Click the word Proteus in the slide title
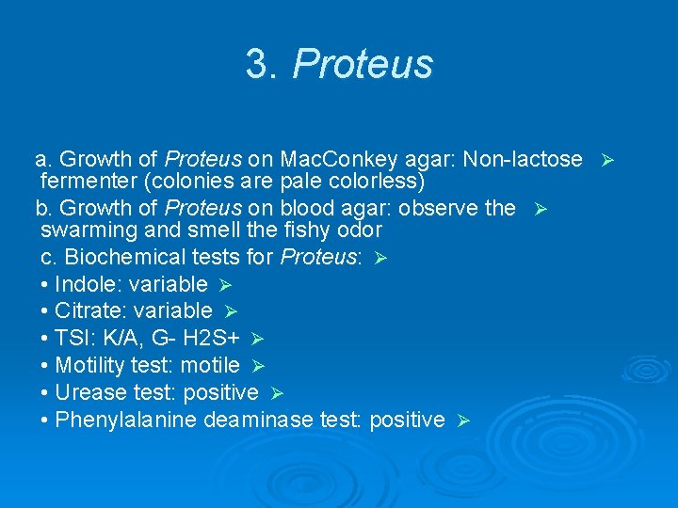tap(363, 65)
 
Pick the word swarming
tap(85, 230)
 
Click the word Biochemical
tap(119, 257)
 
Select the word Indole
tap(82, 284)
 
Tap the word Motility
tap(89, 365)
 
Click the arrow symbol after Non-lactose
tap(607, 160)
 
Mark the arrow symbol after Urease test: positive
tap(277, 393)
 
